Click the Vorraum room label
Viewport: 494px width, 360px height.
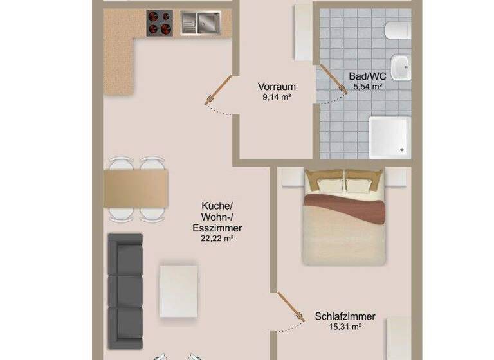pos(277,87)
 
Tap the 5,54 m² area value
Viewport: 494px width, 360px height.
pos(368,87)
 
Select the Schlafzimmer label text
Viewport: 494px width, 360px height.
pos(345,316)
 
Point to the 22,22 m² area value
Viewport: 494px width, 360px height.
pos(217,238)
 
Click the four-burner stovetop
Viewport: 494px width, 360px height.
pos(160,22)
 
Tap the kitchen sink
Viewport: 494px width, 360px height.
pos(201,22)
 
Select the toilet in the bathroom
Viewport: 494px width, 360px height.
pos(398,31)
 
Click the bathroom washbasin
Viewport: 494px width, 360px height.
pos(401,67)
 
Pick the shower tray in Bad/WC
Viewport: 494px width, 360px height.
pos(390,138)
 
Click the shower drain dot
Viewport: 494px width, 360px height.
pos(402,150)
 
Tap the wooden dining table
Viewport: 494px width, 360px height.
pos(136,188)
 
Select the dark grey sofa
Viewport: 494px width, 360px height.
pos(125,291)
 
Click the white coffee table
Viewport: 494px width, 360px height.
pos(179,291)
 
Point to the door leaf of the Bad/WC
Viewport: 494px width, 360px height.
pos(334,79)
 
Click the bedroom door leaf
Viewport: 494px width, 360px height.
pos(291,307)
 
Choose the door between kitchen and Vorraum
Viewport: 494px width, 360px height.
pos(218,90)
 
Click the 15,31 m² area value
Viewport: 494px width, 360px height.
pos(345,327)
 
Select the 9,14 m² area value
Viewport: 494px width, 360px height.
pos(277,97)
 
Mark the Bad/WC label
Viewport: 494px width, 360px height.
pos(367,76)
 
